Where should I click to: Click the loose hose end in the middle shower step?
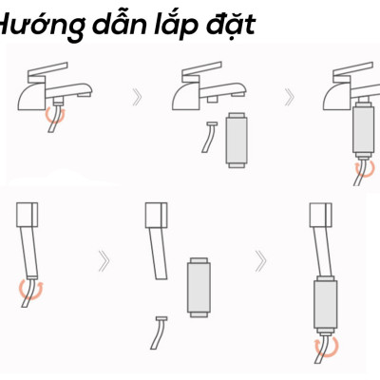(158, 331)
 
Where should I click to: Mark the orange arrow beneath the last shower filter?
(326, 346)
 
